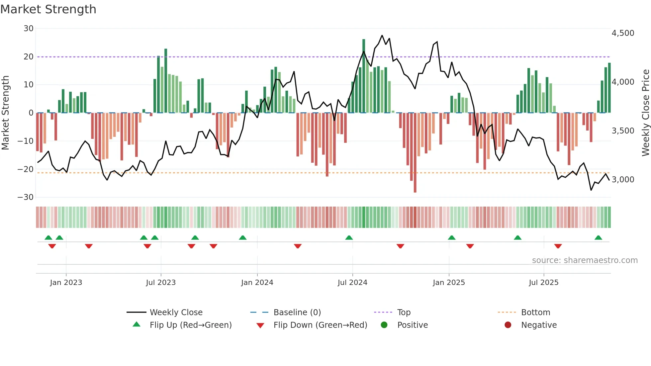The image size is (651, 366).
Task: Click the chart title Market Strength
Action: click(48, 9)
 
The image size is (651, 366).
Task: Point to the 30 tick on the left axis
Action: click(29, 29)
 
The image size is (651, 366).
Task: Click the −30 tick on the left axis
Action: click(26, 197)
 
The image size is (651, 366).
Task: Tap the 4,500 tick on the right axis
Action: click(623, 33)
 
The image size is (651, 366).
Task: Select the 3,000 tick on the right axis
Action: click(623, 180)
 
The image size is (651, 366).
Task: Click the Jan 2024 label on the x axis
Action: click(257, 283)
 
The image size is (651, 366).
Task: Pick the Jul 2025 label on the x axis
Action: click(543, 283)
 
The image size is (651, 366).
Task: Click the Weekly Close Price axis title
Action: click(645, 113)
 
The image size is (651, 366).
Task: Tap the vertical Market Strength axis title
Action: click(5, 113)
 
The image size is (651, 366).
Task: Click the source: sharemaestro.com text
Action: click(585, 260)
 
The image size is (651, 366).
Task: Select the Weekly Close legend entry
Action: click(176, 313)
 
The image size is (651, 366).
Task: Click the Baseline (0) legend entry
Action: click(297, 313)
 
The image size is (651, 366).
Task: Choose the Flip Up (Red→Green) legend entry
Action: click(190, 325)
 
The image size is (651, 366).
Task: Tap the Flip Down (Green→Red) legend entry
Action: click(320, 325)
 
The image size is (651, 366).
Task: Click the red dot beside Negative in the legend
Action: click(508, 325)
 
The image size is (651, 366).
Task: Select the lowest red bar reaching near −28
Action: click(415, 153)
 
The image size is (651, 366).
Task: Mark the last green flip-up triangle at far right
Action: click(598, 238)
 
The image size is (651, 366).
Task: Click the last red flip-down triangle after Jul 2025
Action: click(558, 246)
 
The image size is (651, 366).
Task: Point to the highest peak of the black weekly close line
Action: click(382, 36)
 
